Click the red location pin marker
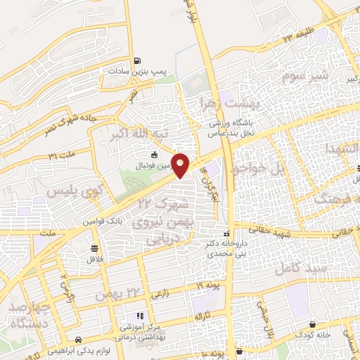181,165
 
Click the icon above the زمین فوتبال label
155,155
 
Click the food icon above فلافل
95,248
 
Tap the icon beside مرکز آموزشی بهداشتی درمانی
139,316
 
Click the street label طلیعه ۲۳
298,36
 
